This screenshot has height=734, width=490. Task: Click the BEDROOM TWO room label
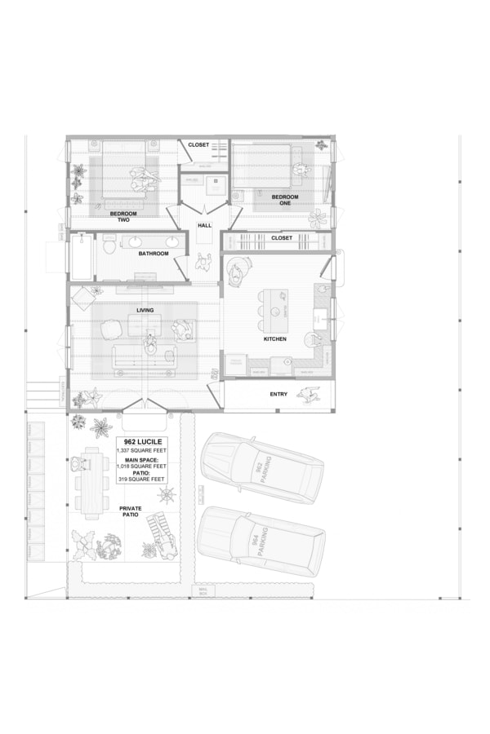(x=123, y=216)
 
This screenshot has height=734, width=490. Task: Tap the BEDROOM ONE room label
(x=285, y=200)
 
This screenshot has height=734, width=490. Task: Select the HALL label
(x=204, y=225)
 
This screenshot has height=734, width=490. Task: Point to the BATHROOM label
(x=154, y=254)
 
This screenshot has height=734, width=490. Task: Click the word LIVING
(x=145, y=310)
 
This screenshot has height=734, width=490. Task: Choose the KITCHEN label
(x=274, y=338)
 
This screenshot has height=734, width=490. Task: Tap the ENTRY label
(x=278, y=395)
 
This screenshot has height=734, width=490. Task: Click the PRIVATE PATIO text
(x=129, y=512)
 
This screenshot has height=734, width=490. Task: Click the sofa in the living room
(x=145, y=356)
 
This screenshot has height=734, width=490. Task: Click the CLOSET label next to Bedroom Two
(x=198, y=144)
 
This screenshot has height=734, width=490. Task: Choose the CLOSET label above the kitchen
(x=282, y=238)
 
